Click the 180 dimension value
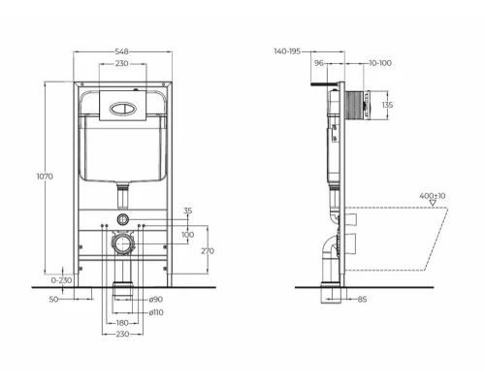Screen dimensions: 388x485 [122, 323]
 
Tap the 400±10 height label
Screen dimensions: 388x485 [404, 197]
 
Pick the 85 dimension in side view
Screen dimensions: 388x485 [362, 299]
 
